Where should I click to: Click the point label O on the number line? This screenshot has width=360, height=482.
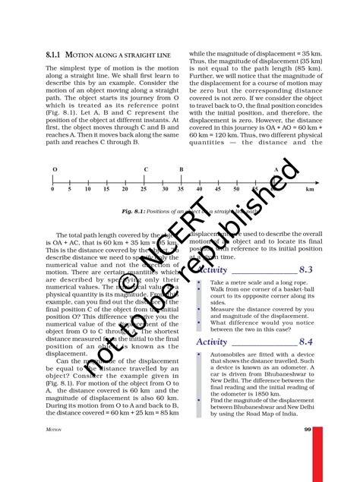pyautogui.click(x=53, y=169)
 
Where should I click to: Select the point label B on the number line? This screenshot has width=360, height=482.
pyautogui.click(x=181, y=169)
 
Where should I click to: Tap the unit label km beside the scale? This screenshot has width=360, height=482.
pyautogui.click(x=309, y=190)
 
